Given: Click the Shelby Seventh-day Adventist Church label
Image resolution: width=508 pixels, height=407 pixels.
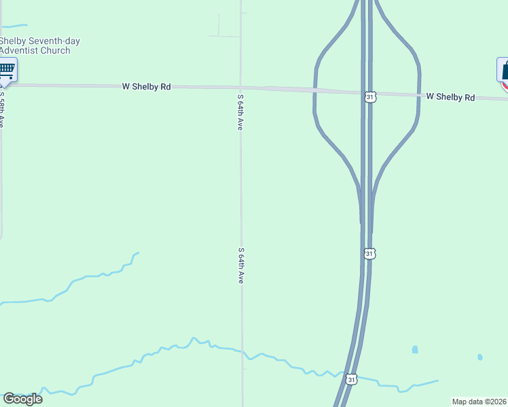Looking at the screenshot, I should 39,45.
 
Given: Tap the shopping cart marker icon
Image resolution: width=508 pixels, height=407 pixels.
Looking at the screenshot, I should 7,69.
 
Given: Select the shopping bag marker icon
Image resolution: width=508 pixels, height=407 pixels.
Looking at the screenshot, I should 504,71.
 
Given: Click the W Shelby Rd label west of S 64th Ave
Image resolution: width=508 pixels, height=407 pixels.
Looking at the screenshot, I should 146,87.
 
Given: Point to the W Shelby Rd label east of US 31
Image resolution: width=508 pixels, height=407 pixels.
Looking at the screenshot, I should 450,97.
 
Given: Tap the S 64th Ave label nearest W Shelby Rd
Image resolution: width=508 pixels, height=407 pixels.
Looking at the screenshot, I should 240,112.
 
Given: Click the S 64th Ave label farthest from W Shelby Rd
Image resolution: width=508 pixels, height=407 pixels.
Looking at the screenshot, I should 240,265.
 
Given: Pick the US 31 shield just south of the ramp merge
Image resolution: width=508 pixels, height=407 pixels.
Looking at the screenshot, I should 369,254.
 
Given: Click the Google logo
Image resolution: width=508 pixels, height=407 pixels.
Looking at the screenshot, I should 23,398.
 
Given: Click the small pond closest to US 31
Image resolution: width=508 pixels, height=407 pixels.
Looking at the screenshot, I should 415,350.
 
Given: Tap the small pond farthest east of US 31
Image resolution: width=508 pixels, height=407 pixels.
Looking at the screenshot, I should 480,357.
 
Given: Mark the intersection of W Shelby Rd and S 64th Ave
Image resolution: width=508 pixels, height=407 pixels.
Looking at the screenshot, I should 240,88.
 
